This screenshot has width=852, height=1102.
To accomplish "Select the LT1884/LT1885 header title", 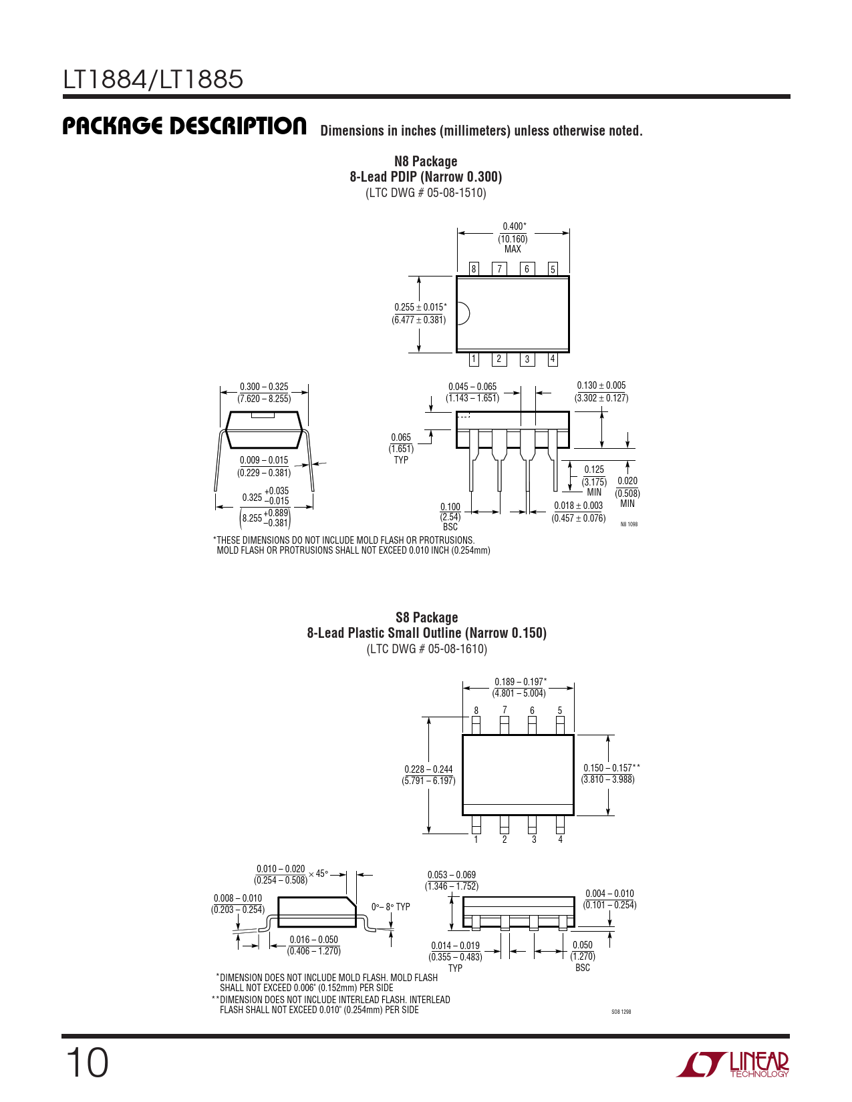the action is click(153, 79).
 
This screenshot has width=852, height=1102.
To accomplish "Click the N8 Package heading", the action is click(426, 161).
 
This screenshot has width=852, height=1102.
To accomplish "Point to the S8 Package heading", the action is click(427, 617).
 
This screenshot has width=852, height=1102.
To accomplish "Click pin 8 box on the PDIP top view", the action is click(474, 268).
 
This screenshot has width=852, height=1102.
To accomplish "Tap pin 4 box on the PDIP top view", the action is click(553, 359).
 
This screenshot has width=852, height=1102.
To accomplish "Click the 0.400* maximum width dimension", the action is click(513, 237).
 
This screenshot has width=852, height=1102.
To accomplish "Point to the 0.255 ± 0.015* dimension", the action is click(420, 313).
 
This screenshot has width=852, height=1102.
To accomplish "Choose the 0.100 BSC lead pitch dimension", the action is click(450, 516).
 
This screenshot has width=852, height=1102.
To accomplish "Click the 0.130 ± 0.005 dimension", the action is click(601, 391).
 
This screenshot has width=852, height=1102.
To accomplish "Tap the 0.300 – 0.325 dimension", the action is click(264, 393).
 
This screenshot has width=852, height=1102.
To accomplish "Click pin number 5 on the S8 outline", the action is click(560, 711).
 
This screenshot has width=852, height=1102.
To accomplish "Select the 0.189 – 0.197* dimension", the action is click(519, 687).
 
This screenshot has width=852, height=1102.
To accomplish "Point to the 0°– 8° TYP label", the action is click(391, 906).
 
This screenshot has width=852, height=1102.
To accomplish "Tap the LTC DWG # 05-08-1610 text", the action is click(427, 649).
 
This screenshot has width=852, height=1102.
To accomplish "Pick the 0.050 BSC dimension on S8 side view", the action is click(583, 956).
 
